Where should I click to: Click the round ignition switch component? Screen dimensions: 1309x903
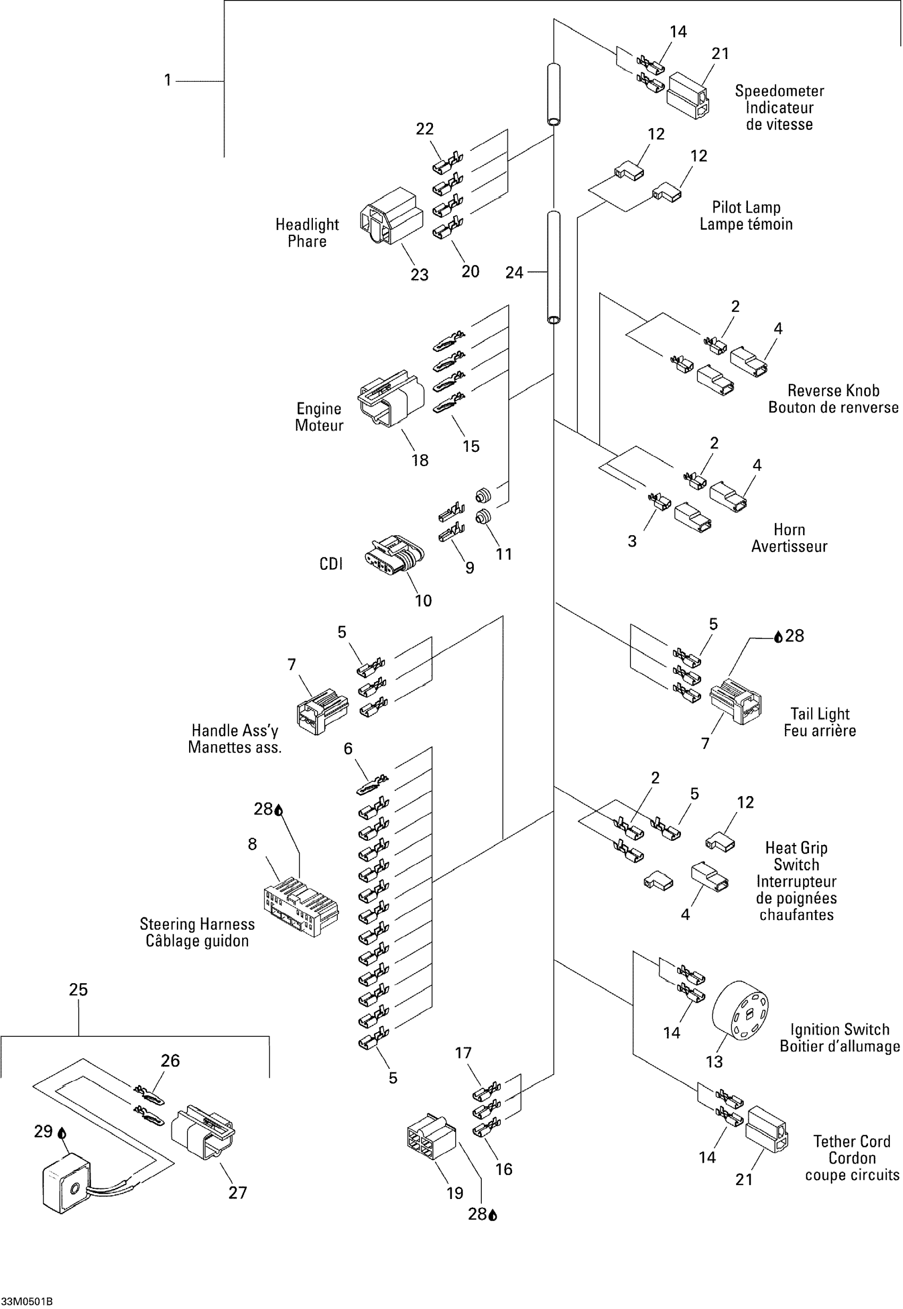point(739,1010)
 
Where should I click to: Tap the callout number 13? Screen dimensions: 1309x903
point(714,1062)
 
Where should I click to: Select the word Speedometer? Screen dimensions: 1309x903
point(779,91)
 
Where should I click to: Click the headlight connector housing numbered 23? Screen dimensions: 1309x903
point(391,217)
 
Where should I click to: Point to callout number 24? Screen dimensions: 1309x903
point(514,273)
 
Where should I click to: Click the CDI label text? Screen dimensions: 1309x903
point(331,564)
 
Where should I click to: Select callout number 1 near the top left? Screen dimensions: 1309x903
point(167,80)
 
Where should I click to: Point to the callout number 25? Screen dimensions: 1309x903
point(78,989)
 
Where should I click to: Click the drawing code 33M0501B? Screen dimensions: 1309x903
point(27,1301)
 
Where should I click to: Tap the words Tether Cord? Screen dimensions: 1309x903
point(851,1142)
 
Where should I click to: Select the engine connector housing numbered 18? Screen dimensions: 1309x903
point(391,399)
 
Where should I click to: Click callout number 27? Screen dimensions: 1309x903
point(237,1193)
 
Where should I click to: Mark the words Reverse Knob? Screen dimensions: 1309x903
point(833,391)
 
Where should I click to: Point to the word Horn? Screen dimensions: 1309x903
point(789,530)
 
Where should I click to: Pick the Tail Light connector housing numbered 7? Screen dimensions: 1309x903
point(736,701)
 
